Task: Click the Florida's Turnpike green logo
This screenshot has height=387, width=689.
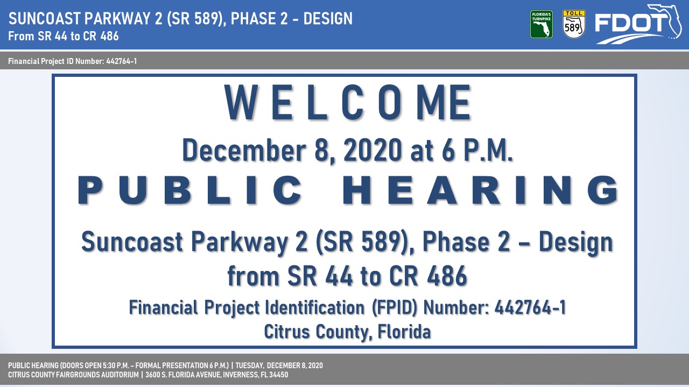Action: pos(542,24)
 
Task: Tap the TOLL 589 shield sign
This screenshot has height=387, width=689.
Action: pos(574,24)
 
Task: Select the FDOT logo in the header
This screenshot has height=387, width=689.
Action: pos(638,24)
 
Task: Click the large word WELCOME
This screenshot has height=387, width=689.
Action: pos(348,102)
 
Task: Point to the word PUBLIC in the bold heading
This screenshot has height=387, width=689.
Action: pos(190,190)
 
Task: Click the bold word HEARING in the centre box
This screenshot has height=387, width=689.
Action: pos(480,190)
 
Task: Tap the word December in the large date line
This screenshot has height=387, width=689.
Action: pos(244,150)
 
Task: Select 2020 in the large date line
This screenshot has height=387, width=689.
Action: pos(372,150)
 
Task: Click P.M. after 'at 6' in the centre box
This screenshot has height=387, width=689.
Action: pos(488,150)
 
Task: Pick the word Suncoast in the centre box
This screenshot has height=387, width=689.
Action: pos(132,242)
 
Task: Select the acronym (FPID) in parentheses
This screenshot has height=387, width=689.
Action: pos(395,307)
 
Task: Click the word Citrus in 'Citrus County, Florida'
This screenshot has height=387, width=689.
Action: pos(287,332)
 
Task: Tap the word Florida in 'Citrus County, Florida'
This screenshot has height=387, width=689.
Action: pos(404,332)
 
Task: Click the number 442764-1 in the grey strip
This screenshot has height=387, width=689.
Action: pos(122,61)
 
